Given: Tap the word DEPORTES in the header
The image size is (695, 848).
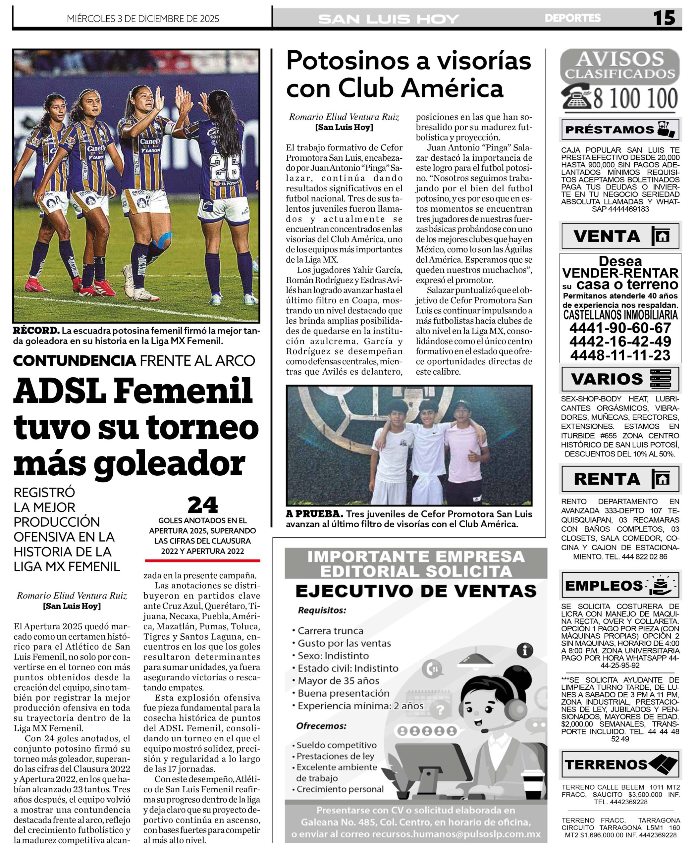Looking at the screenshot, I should [572, 18].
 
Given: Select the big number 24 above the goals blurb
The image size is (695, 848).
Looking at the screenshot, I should [203, 505].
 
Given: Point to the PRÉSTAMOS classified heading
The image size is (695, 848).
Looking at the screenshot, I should [609, 130].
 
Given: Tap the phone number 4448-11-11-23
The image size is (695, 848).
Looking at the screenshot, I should [620, 355].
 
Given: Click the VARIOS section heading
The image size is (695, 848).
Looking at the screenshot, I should [607, 379].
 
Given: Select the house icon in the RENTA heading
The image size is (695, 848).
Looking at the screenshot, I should [661, 479].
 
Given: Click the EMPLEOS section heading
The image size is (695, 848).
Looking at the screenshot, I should [604, 586].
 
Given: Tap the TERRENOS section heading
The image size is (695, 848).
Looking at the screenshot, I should [606, 765].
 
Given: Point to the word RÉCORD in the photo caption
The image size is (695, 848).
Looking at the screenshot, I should [36, 331].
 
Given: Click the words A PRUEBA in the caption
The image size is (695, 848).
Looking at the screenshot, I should [314, 514].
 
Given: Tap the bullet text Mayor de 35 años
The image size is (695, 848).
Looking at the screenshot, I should [338, 681].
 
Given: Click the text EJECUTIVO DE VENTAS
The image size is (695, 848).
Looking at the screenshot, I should [415, 591].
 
